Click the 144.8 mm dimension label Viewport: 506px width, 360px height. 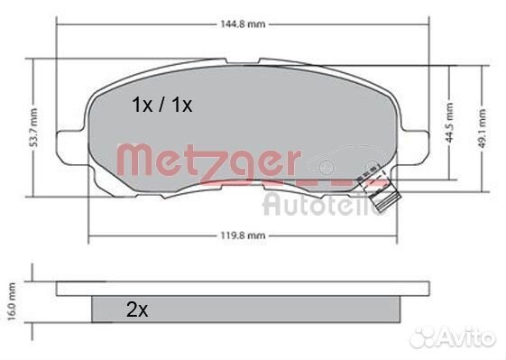243,24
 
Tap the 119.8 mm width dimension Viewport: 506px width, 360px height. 243,235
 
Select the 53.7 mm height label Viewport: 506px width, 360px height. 33,127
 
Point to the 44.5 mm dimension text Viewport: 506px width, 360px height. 449,123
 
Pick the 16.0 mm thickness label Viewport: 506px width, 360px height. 12,301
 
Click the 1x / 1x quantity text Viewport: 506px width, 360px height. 162,106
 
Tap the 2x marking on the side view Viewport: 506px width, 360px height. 137,309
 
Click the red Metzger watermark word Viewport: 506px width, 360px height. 207,161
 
